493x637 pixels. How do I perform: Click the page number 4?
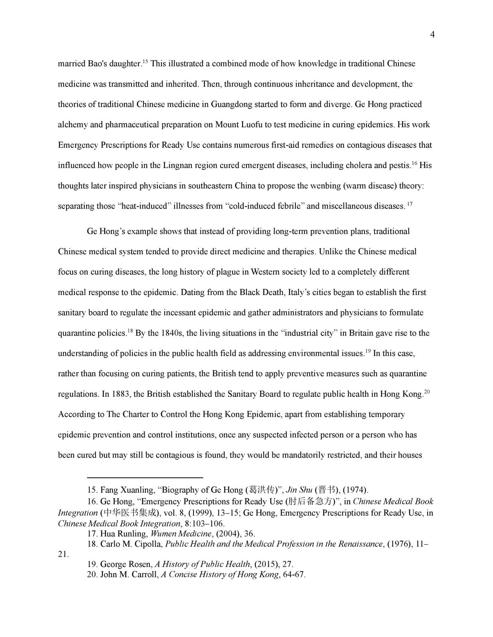point(432,35)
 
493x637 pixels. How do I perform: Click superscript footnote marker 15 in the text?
point(145,62)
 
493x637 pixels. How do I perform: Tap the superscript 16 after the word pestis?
point(415,163)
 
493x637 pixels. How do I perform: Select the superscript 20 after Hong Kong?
point(427,392)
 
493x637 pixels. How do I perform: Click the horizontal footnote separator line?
point(145,477)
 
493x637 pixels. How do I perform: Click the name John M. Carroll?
point(129,575)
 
